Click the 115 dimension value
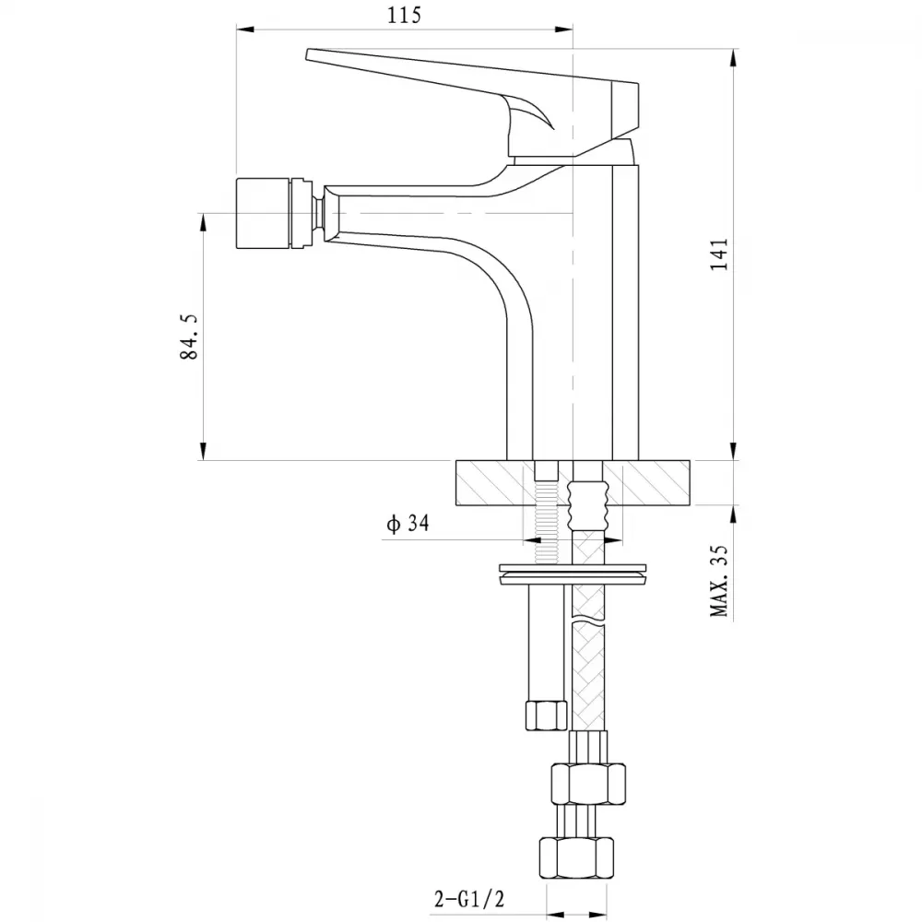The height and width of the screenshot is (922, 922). pyautogui.click(x=405, y=16)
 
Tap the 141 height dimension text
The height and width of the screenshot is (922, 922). pyautogui.click(x=719, y=254)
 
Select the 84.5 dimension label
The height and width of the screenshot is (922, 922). pyautogui.click(x=189, y=337)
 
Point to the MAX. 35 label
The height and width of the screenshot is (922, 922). pyautogui.click(x=719, y=580)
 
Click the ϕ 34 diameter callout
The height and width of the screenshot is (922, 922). pyautogui.click(x=408, y=523)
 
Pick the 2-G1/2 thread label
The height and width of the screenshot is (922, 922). pyautogui.click(x=469, y=898)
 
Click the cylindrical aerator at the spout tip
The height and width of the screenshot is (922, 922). pyautogui.click(x=264, y=212)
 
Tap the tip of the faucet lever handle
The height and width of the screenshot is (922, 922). pyautogui.click(x=308, y=54)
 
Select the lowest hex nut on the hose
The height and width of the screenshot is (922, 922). pyautogui.click(x=576, y=857)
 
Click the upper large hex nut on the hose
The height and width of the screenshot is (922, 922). pyautogui.click(x=588, y=784)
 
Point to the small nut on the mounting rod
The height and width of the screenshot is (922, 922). pyautogui.click(x=546, y=715)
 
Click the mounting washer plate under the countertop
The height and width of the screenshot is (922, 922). pyautogui.click(x=573, y=574)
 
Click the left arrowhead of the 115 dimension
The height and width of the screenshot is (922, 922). pyautogui.click(x=245, y=29)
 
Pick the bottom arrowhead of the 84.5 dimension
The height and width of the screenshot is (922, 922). pyautogui.click(x=203, y=451)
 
